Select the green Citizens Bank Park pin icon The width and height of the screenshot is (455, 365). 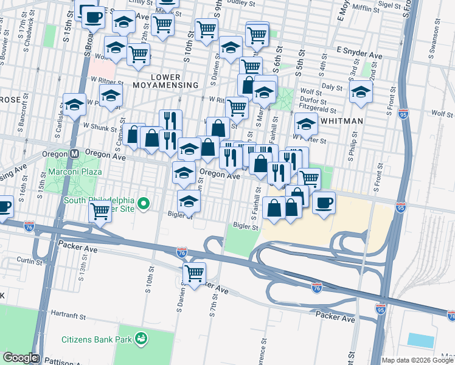(x=141, y=337)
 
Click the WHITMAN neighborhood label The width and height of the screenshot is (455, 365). (x=341, y=121)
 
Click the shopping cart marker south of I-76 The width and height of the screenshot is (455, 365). (x=194, y=274)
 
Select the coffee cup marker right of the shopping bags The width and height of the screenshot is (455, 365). (x=324, y=201)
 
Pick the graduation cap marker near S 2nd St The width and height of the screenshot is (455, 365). (x=361, y=92)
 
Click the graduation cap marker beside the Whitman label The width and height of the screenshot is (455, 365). (x=306, y=124)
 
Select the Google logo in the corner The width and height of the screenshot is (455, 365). (x=20, y=358)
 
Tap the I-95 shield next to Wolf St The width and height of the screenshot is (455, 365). (x=403, y=114)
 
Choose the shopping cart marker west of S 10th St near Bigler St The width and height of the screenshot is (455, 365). (x=100, y=212)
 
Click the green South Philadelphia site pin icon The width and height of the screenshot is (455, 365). (x=144, y=204)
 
